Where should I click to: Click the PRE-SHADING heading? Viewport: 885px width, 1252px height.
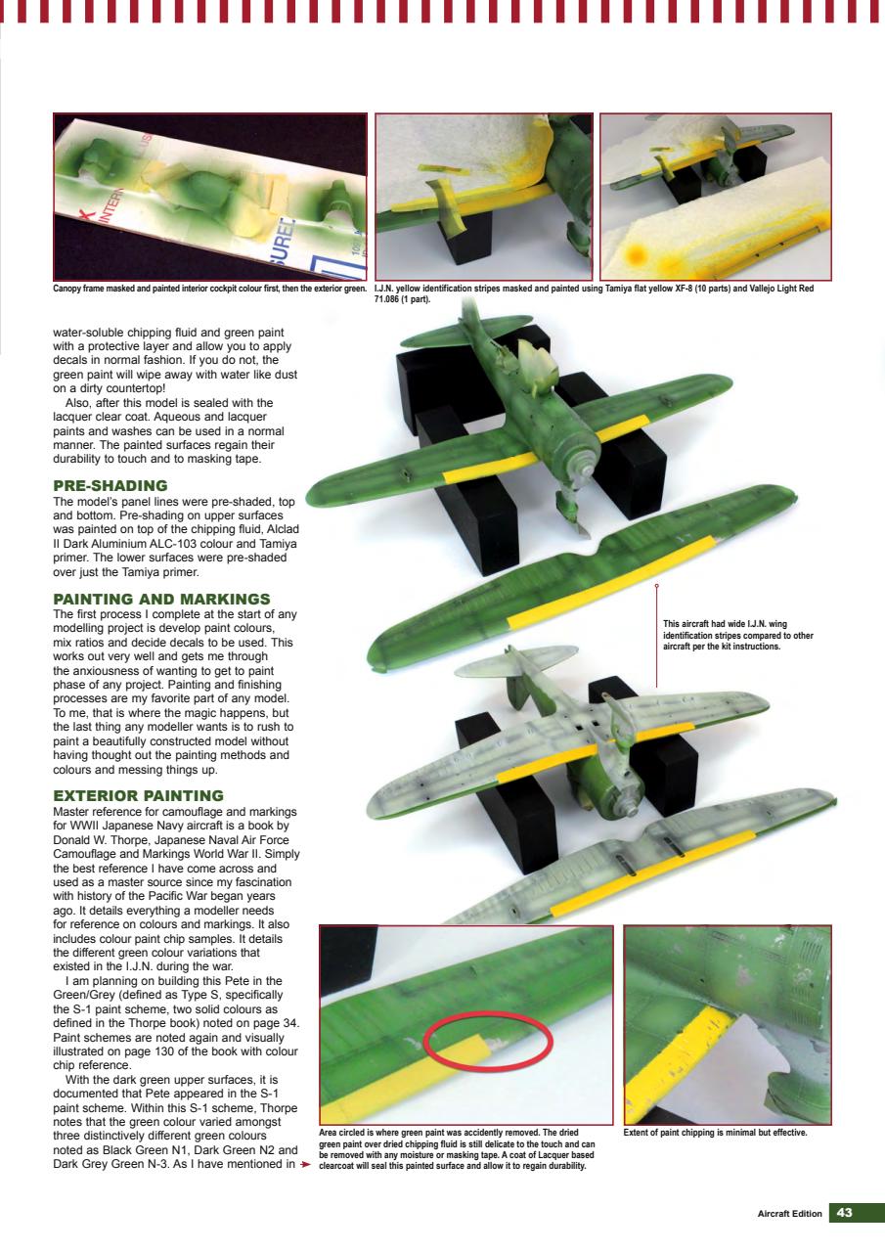point(110,485)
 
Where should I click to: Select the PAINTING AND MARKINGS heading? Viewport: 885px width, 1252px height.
point(160,599)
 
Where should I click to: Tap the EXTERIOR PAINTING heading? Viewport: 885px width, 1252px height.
point(138,795)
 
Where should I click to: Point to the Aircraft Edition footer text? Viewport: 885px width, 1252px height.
point(789,1214)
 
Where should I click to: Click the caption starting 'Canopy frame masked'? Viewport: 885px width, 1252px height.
point(209,289)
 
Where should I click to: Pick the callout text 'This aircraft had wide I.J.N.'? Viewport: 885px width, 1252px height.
point(737,635)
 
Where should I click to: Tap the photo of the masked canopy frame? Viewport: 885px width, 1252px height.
point(209,197)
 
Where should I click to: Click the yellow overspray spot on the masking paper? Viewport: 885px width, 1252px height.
point(635,255)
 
